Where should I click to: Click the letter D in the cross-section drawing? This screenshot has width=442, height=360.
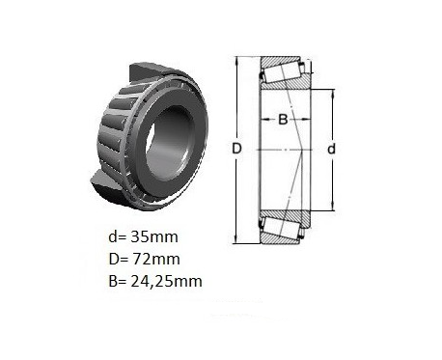pos(236,149)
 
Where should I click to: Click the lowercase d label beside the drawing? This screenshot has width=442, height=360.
pos(331,149)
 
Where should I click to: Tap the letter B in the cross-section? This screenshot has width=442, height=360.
pos(283,120)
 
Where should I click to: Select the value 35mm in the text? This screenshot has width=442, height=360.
pos(154,237)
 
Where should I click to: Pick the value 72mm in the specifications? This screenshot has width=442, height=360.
pos(155,259)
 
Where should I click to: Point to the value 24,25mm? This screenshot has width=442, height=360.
pos(166,281)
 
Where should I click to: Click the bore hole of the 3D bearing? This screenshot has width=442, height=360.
pos(171,143)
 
